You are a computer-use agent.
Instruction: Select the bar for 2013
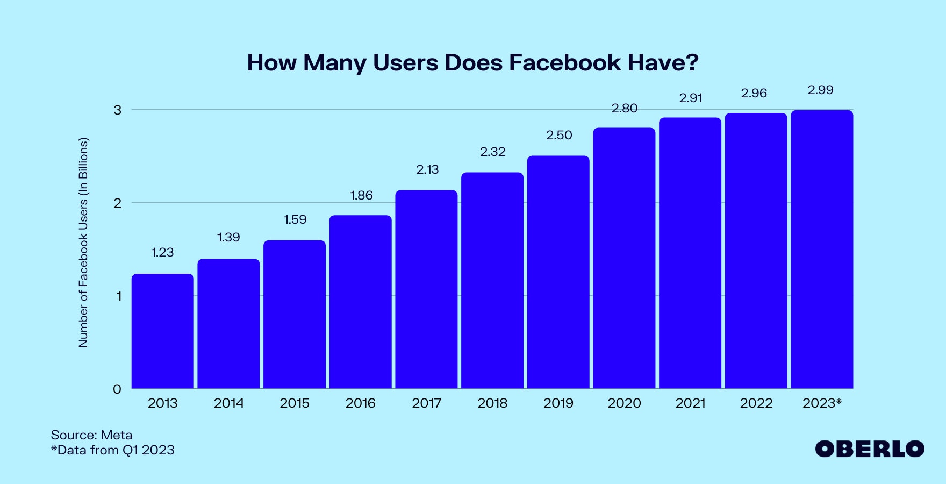point(162,331)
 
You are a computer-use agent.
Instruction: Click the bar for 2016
point(360,301)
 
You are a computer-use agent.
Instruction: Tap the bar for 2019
point(558,272)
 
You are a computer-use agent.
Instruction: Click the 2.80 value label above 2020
point(624,108)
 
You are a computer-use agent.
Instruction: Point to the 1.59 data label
point(295,219)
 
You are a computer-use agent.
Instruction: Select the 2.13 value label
point(427,169)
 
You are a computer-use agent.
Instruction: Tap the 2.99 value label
point(820,90)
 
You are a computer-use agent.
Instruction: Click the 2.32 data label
point(493,152)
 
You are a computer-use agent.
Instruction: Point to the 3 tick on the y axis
point(117,110)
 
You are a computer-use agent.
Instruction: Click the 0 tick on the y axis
point(117,389)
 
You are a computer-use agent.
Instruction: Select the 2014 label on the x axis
point(228,403)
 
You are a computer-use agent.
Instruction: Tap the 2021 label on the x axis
point(690,403)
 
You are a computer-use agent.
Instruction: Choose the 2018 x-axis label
point(492,403)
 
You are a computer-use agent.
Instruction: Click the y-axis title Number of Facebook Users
point(83,242)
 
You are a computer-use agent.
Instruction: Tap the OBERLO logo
point(869,449)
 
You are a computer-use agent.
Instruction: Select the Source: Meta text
point(91,435)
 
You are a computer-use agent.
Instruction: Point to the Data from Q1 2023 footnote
point(113,450)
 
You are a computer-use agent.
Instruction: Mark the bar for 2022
point(756,250)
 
